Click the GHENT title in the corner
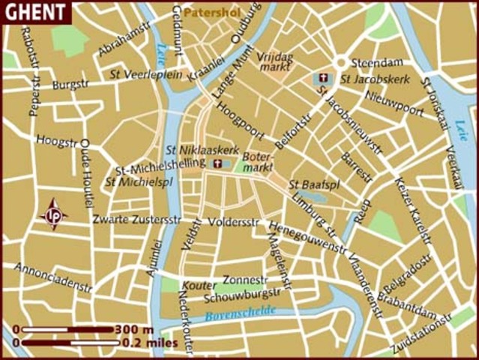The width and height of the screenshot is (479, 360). tap(34, 12)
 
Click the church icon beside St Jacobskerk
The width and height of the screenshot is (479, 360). tap(323, 78)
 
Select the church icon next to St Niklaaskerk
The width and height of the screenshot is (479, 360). tap(218, 163)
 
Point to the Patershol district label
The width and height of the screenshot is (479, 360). tap(209, 13)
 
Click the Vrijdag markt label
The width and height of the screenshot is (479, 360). tap(277, 62)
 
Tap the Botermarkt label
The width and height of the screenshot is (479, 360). tap(258, 163)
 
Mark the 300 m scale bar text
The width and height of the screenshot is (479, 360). tap(136, 329)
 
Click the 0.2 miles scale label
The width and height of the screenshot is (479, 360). tap(151, 343)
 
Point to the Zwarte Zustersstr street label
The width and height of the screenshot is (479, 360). tap(136, 219)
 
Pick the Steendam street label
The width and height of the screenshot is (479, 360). tap(372, 62)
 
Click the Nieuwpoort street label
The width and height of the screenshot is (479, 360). tap(394, 102)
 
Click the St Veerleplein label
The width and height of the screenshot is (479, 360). tap(146, 73)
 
